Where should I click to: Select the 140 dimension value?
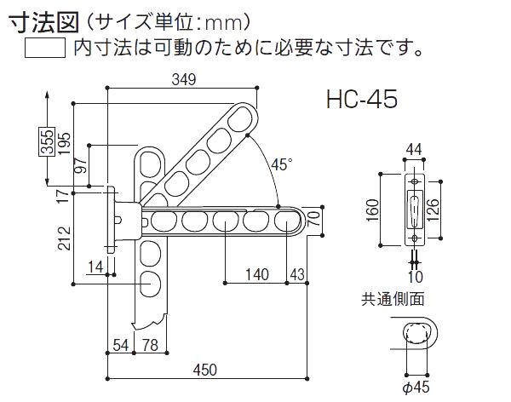coord(254,274)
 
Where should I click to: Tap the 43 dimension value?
coord(296,274)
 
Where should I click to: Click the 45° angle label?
coord(280,164)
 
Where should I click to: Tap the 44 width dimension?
coord(414,150)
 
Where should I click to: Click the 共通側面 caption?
coord(393,299)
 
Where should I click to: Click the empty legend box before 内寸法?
coord(45,48)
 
